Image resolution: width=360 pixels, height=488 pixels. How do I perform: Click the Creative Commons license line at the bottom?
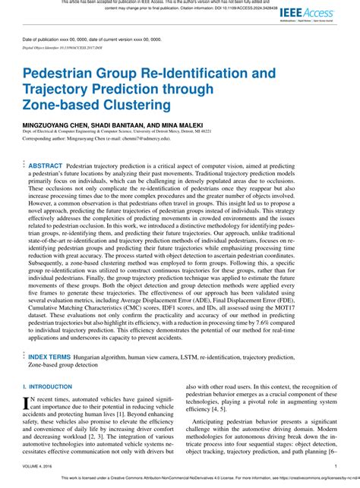pos(179,481)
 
